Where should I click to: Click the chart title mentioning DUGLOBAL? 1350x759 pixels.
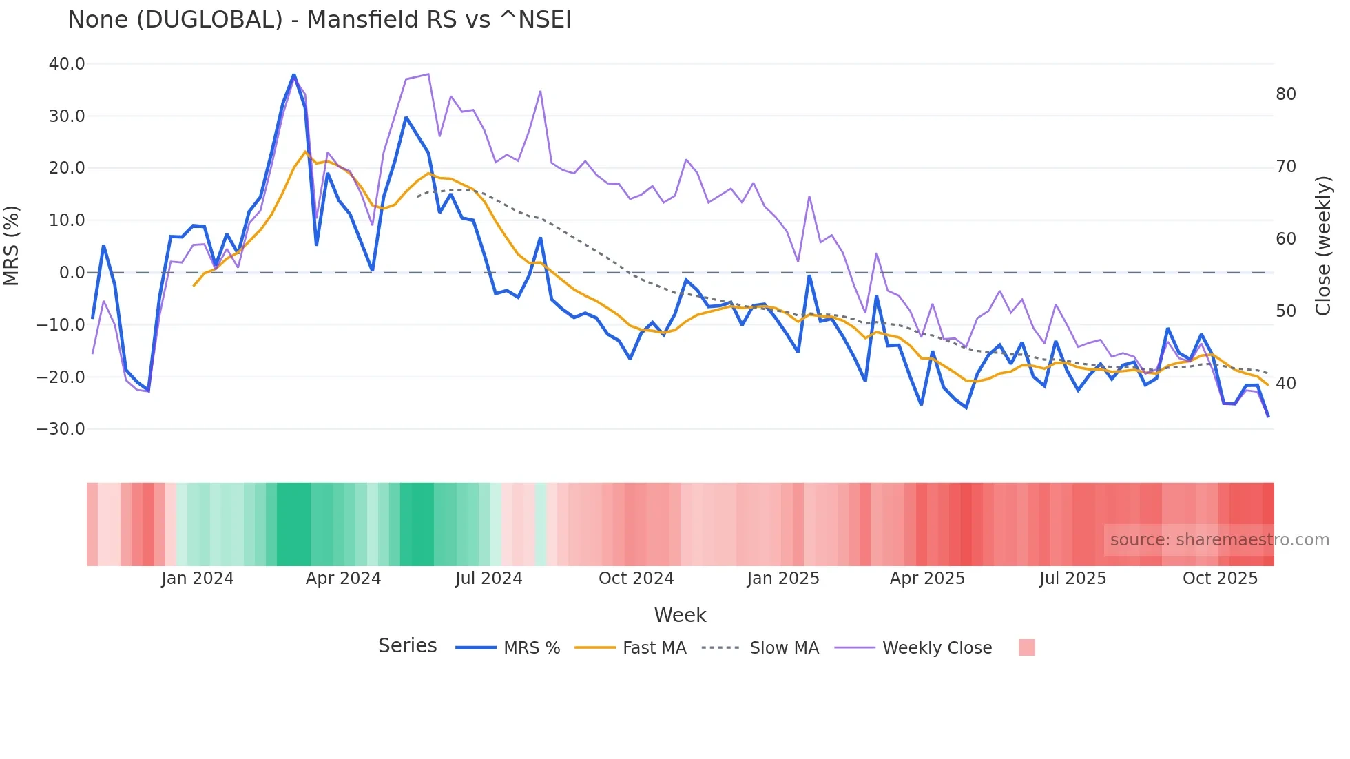click(320, 19)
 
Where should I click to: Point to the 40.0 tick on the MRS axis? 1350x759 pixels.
click(67, 64)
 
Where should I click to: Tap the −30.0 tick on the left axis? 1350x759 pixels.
click(61, 429)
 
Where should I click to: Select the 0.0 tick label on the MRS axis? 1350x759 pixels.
click(72, 273)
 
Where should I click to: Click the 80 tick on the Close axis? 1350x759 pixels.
click(1285, 94)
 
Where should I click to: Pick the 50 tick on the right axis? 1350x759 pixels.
click(1285, 311)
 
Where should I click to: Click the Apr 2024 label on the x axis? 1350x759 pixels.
click(343, 579)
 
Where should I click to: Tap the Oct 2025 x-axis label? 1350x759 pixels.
click(1220, 579)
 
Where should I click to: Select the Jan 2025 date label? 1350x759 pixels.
click(783, 579)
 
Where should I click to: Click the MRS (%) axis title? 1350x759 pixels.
click(12, 246)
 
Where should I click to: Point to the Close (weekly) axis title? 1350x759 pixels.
click(1323, 246)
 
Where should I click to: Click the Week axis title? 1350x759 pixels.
click(680, 615)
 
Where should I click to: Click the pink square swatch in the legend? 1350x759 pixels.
click(1026, 648)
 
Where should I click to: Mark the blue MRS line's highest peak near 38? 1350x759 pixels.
click(294, 74)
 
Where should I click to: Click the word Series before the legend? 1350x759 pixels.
click(407, 646)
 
